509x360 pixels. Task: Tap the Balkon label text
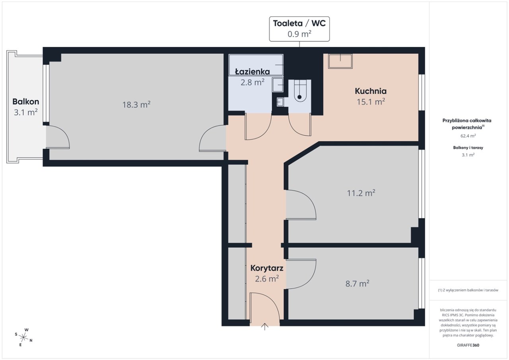click(26, 101)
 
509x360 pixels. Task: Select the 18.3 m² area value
click(136, 105)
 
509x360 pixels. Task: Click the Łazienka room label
click(253, 72)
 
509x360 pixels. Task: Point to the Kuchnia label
click(371, 91)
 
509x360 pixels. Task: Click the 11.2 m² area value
click(361, 193)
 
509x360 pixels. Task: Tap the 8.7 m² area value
click(357, 284)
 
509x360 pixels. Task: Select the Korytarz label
click(267, 268)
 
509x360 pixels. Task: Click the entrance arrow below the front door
click(265, 327)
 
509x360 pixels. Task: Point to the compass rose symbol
click(23, 337)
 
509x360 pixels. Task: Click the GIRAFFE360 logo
click(468, 345)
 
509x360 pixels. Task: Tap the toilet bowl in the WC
click(299, 93)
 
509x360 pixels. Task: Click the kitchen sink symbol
click(340, 61)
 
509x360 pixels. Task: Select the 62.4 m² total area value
click(468, 136)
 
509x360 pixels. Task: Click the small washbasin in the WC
click(280, 102)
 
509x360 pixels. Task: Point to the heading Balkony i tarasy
click(468, 148)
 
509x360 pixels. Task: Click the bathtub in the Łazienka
click(256, 65)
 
